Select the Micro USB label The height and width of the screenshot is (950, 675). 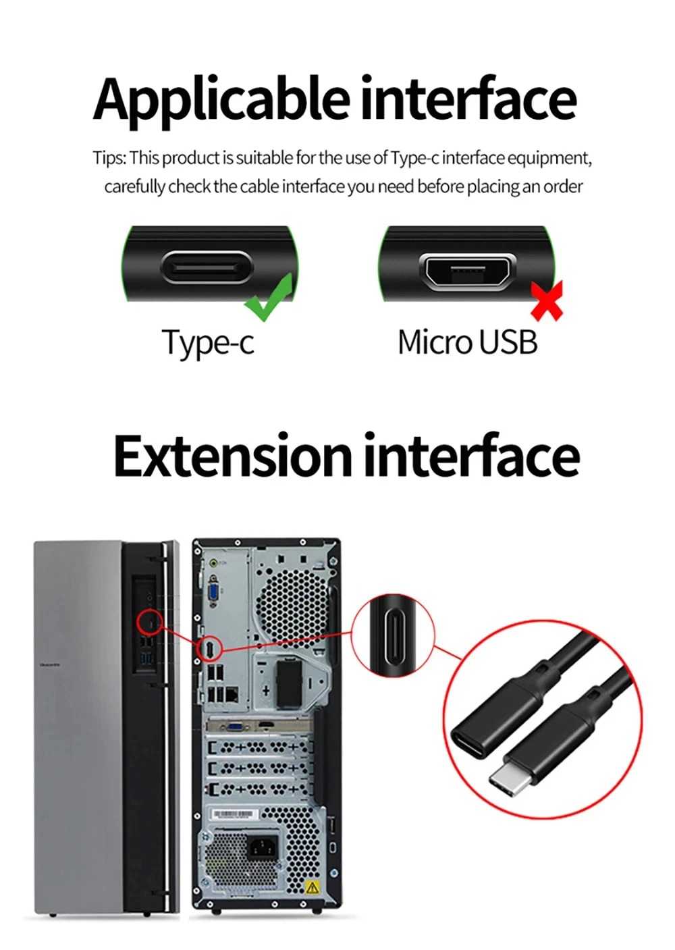(468, 342)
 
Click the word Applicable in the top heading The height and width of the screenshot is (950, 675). (221, 102)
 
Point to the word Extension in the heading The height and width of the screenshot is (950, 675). (232, 456)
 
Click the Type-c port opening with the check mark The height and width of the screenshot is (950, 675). (207, 267)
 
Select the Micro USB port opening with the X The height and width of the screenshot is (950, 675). (468, 272)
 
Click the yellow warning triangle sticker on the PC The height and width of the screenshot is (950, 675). (312, 887)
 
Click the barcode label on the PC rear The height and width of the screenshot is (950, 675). (234, 815)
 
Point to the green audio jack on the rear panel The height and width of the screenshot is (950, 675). (214, 563)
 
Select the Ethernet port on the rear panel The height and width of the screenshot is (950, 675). (232, 694)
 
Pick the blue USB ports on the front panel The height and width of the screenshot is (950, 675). (146, 659)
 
